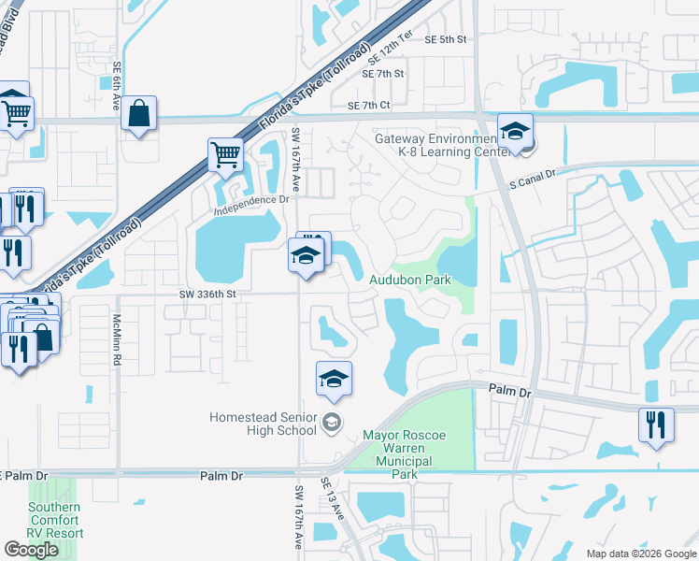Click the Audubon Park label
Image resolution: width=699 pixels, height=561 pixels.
pos(409,280)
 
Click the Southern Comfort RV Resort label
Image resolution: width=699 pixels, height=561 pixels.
pos(54,521)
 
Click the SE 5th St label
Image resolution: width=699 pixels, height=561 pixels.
pos(445,39)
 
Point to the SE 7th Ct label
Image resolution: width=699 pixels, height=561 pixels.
pos(368,107)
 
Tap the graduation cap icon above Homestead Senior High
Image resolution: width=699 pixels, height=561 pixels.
pos(334,380)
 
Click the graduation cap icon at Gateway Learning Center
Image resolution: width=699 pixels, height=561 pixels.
pos(514,133)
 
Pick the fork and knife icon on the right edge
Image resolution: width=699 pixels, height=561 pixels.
pos(656,424)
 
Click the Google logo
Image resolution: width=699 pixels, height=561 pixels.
pos(31,550)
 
